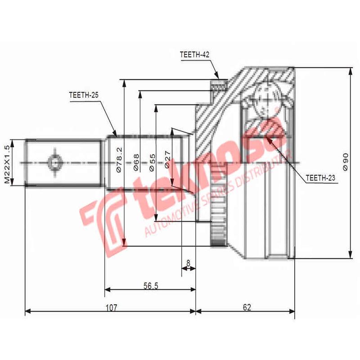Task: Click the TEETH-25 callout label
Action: point(84,95)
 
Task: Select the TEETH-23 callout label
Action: point(320,178)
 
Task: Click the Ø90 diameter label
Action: point(346,161)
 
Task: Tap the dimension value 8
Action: point(188,262)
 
